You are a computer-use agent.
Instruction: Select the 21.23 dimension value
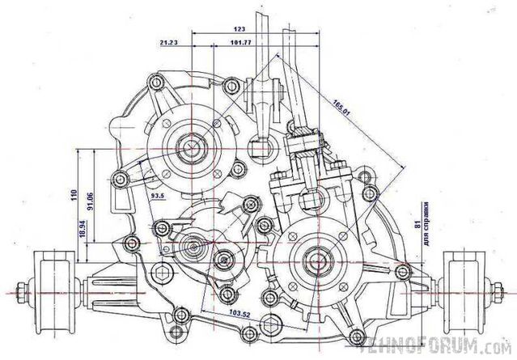171,41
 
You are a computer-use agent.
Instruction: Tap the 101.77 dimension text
241,41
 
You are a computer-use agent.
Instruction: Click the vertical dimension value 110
74,195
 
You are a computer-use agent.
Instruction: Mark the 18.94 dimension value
83,229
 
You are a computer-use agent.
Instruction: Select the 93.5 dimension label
158,196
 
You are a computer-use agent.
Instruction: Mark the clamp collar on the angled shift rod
304,144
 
